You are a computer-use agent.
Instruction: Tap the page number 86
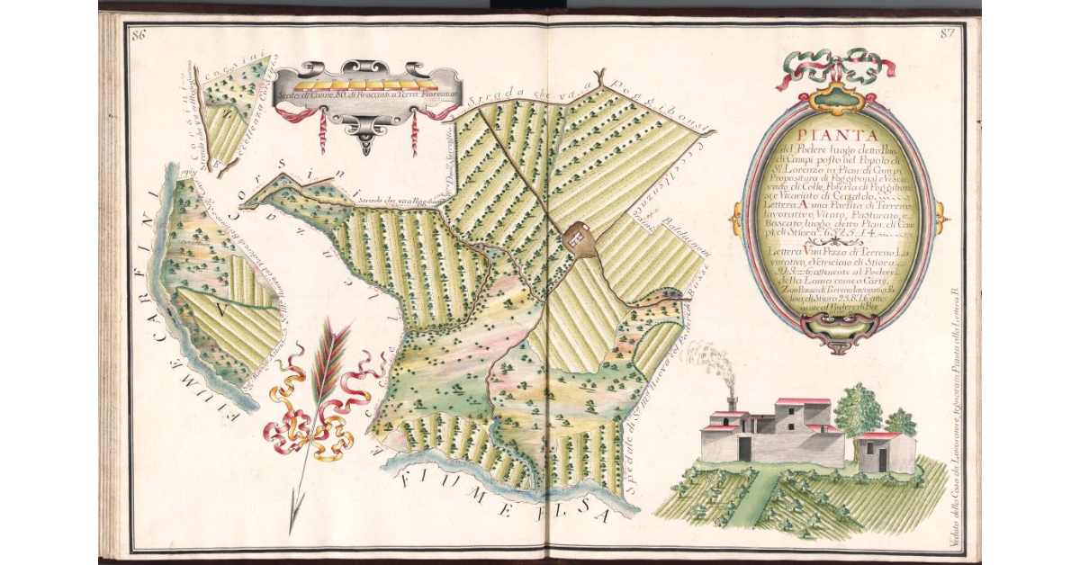pyautogui.click(x=139, y=35)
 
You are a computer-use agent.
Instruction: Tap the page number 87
pyautogui.click(x=945, y=35)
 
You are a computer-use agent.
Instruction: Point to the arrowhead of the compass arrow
pyautogui.click(x=292, y=522)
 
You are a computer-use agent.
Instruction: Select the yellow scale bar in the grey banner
pyautogui.click(x=367, y=82)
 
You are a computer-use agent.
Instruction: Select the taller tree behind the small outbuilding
pyautogui.click(x=857, y=409)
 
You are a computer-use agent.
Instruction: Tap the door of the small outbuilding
pyautogui.click(x=883, y=458)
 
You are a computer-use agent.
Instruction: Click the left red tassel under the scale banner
pyautogui.click(x=321, y=130)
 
